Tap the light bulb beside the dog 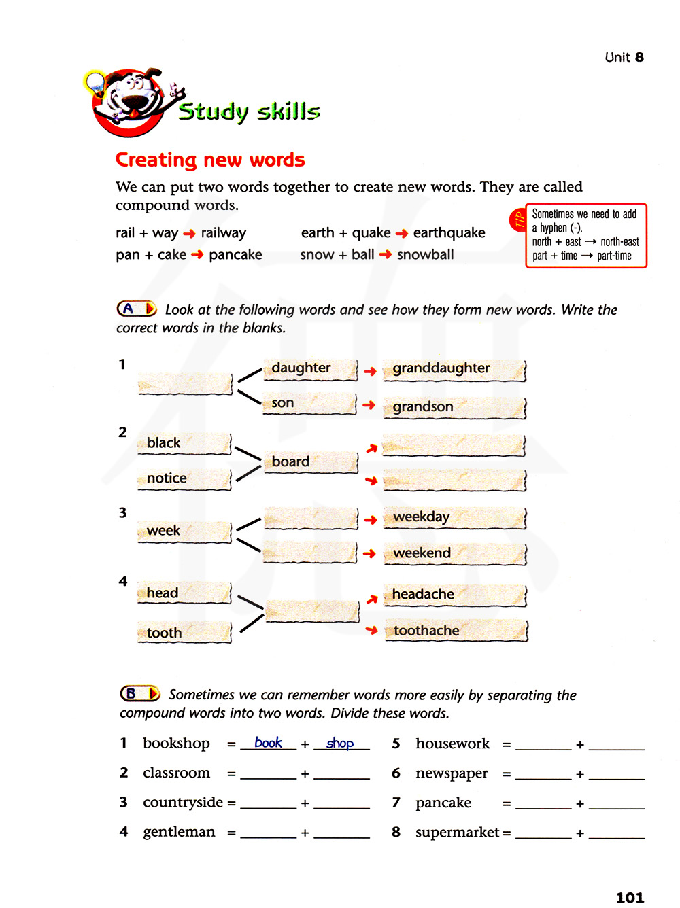click(95, 84)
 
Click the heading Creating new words click(210, 160)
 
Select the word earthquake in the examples click(449, 233)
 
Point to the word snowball click(425, 255)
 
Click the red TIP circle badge click(518, 220)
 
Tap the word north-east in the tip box click(619, 242)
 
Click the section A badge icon click(137, 309)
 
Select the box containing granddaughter click(454, 369)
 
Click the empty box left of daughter click(185, 384)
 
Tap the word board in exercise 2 click(290, 462)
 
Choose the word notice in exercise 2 click(167, 478)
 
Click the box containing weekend click(454, 553)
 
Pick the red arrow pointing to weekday click(370, 520)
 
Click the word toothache click(426, 631)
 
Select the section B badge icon click(140, 694)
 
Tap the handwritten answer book click(268, 743)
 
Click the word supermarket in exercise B click(457, 833)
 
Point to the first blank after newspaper click(543, 775)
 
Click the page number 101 click(630, 898)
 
